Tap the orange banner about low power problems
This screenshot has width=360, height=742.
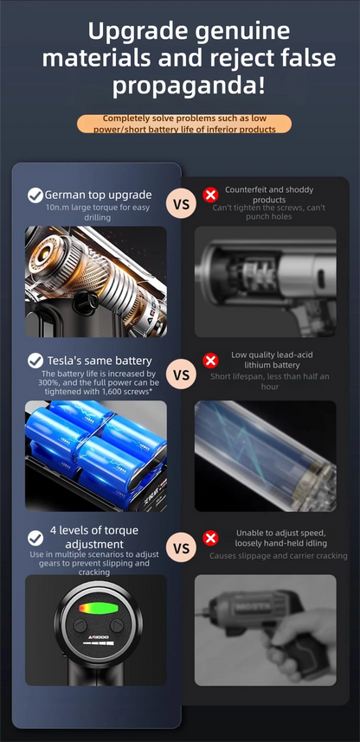click(x=183, y=124)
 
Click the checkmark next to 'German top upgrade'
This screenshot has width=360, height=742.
click(x=35, y=195)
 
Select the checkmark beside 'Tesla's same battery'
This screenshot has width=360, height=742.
click(x=35, y=360)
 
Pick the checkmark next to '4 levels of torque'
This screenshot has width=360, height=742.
click(x=35, y=538)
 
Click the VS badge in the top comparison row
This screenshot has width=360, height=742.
click(x=181, y=204)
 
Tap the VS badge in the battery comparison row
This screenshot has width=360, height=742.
click(x=181, y=374)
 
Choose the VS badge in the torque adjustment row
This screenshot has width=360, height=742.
click(x=181, y=547)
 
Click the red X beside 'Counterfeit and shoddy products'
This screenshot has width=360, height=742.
click(x=210, y=195)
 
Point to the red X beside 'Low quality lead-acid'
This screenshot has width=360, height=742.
click(x=210, y=360)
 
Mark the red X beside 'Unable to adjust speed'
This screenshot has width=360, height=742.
click(x=210, y=538)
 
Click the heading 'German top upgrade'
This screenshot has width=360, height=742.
click(x=98, y=195)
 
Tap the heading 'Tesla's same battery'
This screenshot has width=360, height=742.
click(x=98, y=360)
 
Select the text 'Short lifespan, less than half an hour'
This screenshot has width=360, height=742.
click(x=268, y=381)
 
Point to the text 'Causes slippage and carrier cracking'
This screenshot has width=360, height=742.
click(x=278, y=556)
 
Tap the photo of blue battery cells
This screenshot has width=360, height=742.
click(x=95, y=456)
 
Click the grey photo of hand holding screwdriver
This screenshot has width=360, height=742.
click(x=265, y=630)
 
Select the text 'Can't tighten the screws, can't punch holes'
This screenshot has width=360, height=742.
click(x=268, y=212)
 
